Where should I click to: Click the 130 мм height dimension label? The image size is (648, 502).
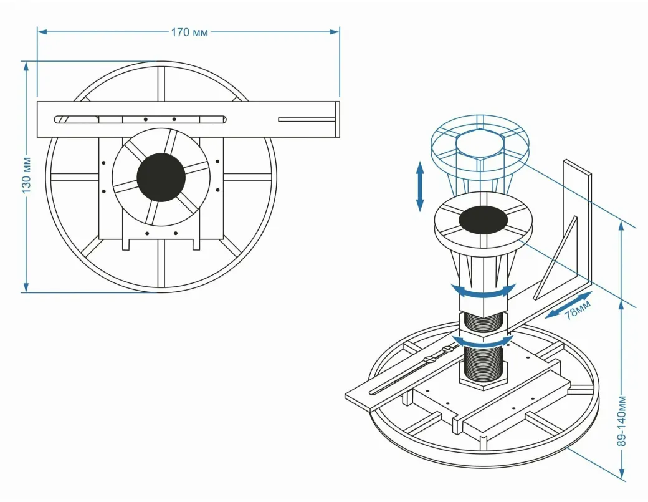tap(26, 176)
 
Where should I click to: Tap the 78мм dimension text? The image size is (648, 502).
tap(577, 310)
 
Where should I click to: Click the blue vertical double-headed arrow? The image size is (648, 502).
tap(420, 186)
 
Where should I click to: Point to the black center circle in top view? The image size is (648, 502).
tap(161, 177)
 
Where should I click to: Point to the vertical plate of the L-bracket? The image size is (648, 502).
tap(577, 218)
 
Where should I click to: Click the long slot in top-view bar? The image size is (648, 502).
tap(140, 118)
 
